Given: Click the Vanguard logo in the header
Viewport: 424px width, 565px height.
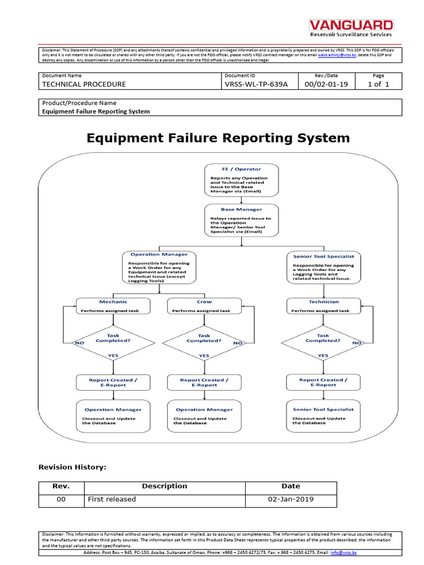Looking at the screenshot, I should pos(351,29).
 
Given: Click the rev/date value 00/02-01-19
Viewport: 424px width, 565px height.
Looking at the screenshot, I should pos(326,84).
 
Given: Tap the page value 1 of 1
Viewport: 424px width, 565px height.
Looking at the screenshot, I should pos(378,84).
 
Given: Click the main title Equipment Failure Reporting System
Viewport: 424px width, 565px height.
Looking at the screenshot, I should pos(218,138).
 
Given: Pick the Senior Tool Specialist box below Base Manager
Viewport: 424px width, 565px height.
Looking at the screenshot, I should pos(323,268).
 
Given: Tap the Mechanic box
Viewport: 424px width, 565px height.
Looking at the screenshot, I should pos(113,306).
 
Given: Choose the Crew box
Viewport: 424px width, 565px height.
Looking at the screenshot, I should pos(204,306).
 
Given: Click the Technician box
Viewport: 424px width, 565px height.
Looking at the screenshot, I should pos(323,306).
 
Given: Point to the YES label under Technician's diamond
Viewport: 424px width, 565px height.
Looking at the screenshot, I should pos(323,356).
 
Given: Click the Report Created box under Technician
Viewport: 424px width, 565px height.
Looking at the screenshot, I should pos(323,382).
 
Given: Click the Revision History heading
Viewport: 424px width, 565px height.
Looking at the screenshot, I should pos(72,467).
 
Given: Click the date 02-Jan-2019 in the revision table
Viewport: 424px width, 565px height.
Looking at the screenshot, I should pos(290,499).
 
